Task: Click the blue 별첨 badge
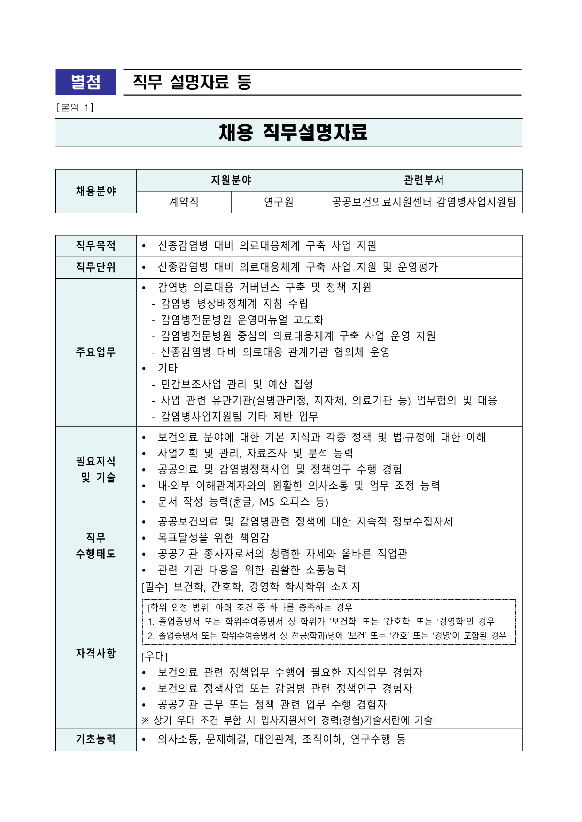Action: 85,82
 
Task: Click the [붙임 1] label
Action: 75,107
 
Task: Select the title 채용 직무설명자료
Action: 293,132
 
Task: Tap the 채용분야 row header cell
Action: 96,191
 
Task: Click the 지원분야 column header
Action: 231,181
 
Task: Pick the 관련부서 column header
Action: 424,181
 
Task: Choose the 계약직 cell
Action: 184,202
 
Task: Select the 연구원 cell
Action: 279,202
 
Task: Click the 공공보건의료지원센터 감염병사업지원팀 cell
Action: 424,202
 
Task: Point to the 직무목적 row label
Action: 96,246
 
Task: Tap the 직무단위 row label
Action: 96,267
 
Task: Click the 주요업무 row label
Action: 96,352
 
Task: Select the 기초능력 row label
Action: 96,739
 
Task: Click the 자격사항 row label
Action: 96,654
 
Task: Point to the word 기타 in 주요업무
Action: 168,368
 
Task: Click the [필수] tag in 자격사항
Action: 155,587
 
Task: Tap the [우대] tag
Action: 155,656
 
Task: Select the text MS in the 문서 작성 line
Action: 266,502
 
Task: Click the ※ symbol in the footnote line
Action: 145,721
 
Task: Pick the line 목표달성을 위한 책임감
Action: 214,538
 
